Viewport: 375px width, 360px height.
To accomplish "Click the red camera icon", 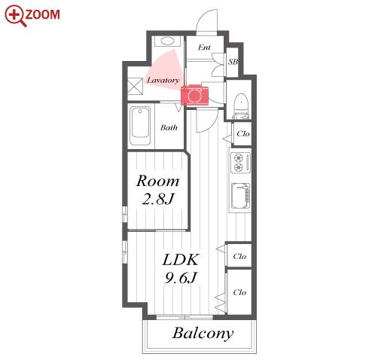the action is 194,94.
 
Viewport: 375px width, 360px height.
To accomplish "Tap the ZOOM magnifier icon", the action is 16,16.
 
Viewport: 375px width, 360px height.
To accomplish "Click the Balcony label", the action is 203,334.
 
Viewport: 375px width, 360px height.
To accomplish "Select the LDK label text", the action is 181,260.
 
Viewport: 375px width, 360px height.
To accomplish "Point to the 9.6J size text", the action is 180,278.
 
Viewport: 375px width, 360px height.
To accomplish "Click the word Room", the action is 157,181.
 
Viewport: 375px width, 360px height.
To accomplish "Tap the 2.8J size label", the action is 158,199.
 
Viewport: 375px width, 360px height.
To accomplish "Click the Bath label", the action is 169,127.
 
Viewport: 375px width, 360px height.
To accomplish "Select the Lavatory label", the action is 163,80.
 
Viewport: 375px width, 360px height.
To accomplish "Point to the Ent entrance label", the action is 204,47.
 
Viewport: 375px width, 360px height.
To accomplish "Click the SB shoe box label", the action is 233,62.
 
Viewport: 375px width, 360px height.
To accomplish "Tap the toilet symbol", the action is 241,106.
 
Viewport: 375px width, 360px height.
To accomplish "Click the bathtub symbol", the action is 140,126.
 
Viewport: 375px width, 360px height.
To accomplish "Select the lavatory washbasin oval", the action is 167,41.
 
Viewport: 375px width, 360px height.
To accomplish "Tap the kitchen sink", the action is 240,196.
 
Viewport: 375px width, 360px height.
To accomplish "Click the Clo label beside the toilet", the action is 243,134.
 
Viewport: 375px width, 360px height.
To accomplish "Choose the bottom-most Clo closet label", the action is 239,292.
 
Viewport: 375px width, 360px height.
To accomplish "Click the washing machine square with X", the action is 136,86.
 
